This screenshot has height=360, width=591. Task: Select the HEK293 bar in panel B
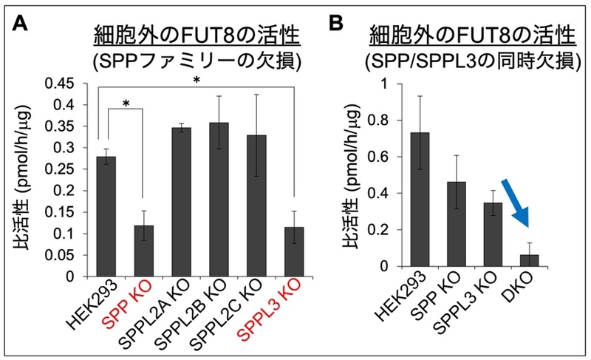419,199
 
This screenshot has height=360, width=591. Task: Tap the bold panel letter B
336,24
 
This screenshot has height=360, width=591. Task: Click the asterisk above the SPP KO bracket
126,103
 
